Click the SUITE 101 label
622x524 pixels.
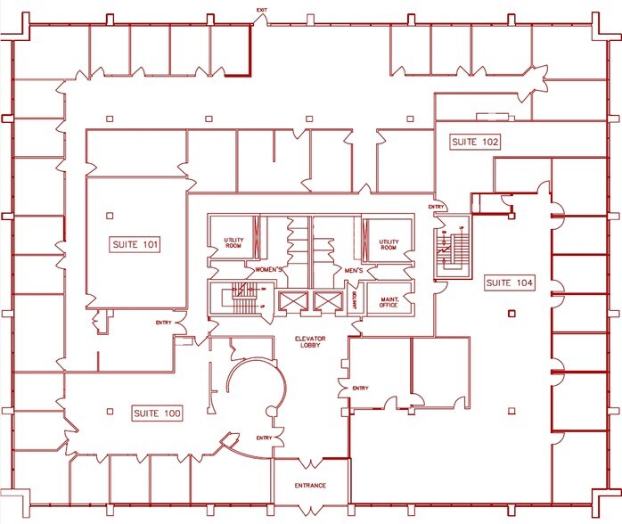click(x=135, y=244)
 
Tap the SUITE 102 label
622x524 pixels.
click(x=474, y=142)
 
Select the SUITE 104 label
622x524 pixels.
click(x=510, y=282)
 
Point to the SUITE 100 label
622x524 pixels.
click(x=157, y=413)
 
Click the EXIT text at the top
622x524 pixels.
click(x=261, y=10)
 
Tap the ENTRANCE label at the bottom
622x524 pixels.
click(x=310, y=486)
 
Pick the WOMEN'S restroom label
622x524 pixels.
click(x=269, y=269)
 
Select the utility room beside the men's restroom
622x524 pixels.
click(x=389, y=243)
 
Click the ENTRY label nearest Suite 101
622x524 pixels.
click(x=164, y=323)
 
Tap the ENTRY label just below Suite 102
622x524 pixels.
click(x=436, y=207)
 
